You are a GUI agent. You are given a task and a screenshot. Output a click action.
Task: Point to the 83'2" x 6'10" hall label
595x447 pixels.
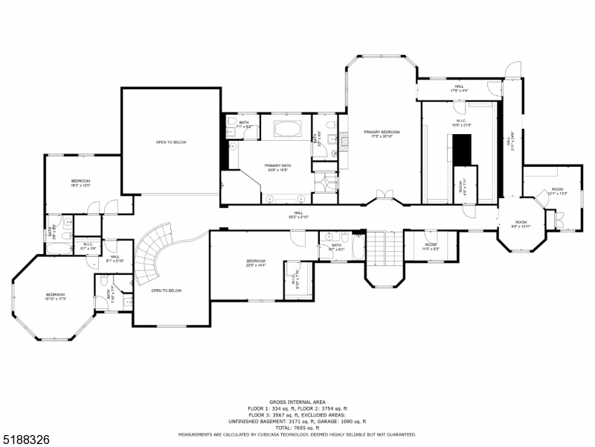298,215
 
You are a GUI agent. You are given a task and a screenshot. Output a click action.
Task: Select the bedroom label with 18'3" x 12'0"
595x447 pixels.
80,183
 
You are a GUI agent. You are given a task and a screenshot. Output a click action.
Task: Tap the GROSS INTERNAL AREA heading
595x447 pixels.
297,402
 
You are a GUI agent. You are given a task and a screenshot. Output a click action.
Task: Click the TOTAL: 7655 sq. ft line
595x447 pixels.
297,428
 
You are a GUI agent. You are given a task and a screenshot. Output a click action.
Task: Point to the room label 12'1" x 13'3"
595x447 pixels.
558,191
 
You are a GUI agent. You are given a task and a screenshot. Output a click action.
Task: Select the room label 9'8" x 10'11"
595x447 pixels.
521,223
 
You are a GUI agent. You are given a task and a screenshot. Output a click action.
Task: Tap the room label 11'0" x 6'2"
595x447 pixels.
431,247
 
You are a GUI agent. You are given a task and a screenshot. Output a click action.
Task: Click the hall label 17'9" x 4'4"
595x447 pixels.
458,89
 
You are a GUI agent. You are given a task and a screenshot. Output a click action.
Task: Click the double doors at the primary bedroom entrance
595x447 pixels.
384,195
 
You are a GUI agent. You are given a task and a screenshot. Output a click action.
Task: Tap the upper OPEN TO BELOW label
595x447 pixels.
170,142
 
